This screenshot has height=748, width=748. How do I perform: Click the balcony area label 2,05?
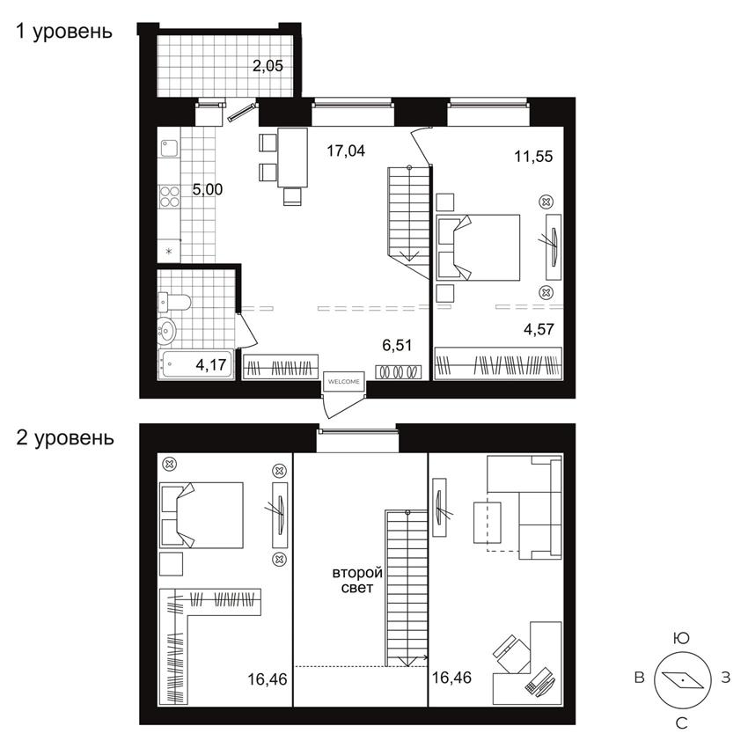point(268,64)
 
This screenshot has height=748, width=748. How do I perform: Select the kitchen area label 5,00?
point(208,188)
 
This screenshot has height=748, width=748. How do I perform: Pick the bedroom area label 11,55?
point(533,157)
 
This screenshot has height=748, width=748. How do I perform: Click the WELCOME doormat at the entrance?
point(342,381)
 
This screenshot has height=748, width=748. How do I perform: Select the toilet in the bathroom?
point(175,303)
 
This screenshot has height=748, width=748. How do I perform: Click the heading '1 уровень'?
point(65,33)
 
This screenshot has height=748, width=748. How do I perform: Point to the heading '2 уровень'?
point(65,437)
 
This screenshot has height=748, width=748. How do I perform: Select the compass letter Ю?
point(679,637)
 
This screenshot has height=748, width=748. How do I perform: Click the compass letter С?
point(679,723)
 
